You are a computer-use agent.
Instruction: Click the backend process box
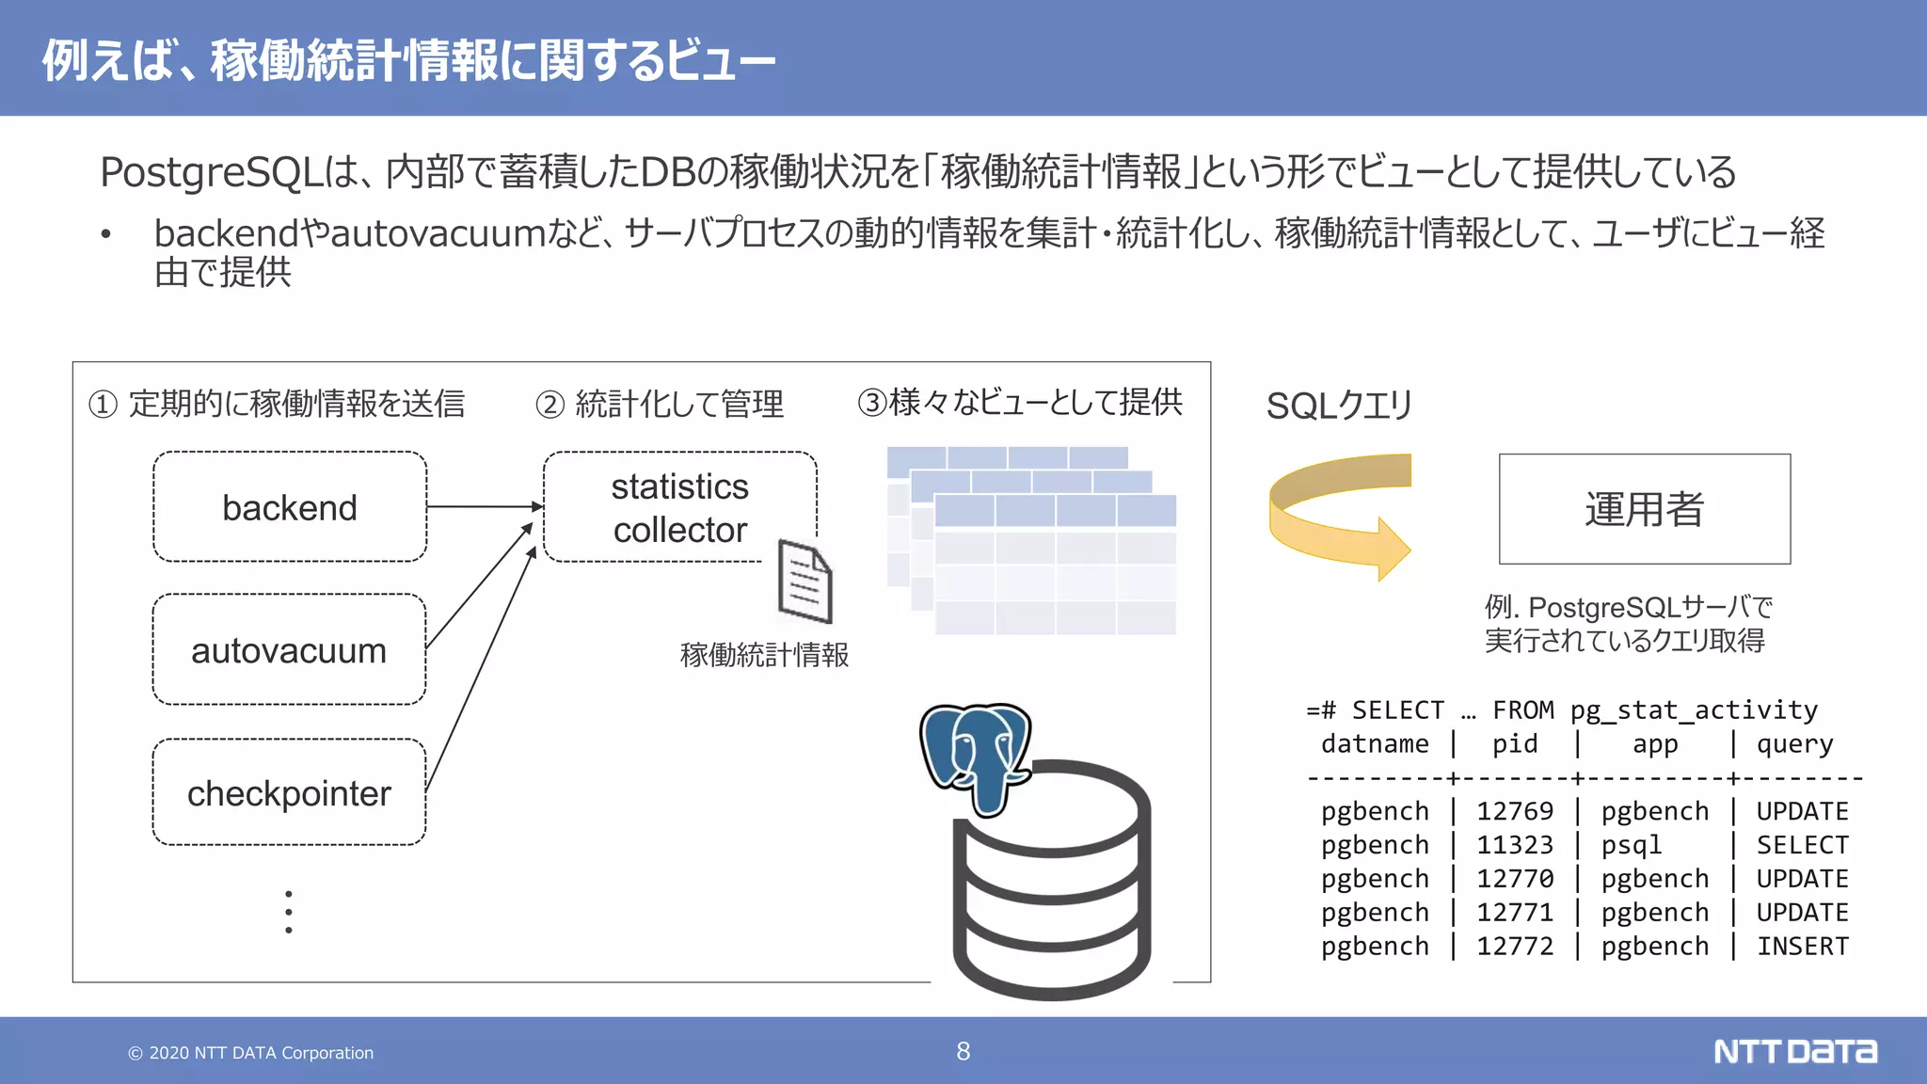click(290, 507)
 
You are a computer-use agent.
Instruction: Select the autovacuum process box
click(289, 650)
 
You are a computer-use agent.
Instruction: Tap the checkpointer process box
click(289, 792)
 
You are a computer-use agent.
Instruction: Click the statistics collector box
click(679, 507)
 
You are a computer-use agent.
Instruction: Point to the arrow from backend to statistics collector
click(485, 506)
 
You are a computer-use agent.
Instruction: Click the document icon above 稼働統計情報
click(805, 582)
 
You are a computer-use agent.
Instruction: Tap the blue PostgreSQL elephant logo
click(976, 756)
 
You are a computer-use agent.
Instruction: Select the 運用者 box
click(1644, 509)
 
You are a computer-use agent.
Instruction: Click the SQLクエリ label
click(1339, 406)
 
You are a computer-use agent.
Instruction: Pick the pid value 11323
click(1515, 845)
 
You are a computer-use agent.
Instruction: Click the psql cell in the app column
click(1632, 845)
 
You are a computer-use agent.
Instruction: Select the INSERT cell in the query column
click(1802, 946)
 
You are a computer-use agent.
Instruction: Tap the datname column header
click(1375, 744)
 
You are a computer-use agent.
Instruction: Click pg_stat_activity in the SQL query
click(1694, 710)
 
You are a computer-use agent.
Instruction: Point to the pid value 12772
click(1515, 946)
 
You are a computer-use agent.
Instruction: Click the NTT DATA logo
click(1794, 1051)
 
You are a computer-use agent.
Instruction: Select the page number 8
click(963, 1051)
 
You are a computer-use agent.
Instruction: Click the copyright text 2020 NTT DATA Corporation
click(251, 1053)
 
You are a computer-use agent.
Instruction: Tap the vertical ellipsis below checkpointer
click(289, 912)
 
